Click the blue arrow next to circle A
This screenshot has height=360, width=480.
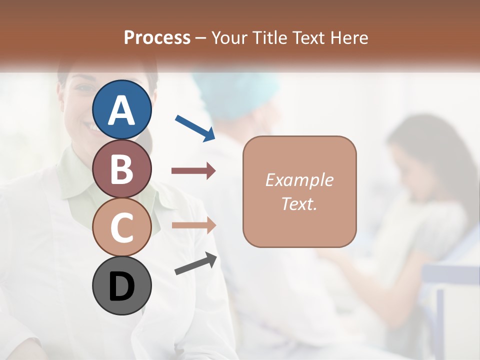pyautogui.click(x=195, y=128)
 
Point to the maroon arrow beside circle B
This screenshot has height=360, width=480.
pyautogui.click(x=193, y=171)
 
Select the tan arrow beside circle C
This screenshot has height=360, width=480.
pyautogui.click(x=193, y=225)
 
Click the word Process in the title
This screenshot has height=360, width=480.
pyautogui.click(x=157, y=38)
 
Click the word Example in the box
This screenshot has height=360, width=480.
pyautogui.click(x=299, y=180)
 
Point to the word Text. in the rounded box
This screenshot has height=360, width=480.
pyautogui.click(x=299, y=203)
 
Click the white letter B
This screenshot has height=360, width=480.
pyautogui.click(x=122, y=169)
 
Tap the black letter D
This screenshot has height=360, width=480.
pyautogui.click(x=122, y=287)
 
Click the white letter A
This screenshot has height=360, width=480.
pyautogui.click(x=122, y=111)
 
